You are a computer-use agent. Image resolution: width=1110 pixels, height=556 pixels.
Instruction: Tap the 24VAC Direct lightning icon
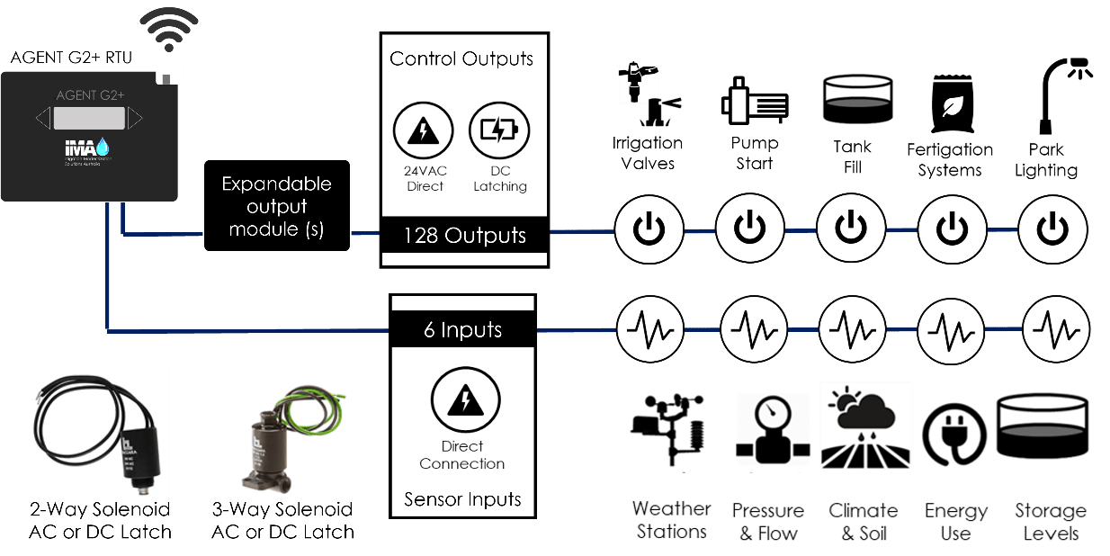pyautogui.click(x=423, y=131)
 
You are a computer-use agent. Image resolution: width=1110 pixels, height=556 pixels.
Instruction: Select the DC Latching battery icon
pyautogui.click(x=499, y=131)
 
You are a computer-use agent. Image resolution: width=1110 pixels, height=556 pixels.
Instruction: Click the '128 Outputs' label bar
pyautogui.click(x=463, y=236)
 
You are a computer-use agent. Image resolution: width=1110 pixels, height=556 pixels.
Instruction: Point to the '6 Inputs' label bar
pyautogui.click(x=462, y=330)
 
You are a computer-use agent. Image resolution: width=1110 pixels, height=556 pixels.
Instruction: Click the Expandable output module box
pyautogui.click(x=276, y=206)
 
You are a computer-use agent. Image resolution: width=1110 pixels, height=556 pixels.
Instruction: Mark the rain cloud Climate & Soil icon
pyautogui.click(x=865, y=426)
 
